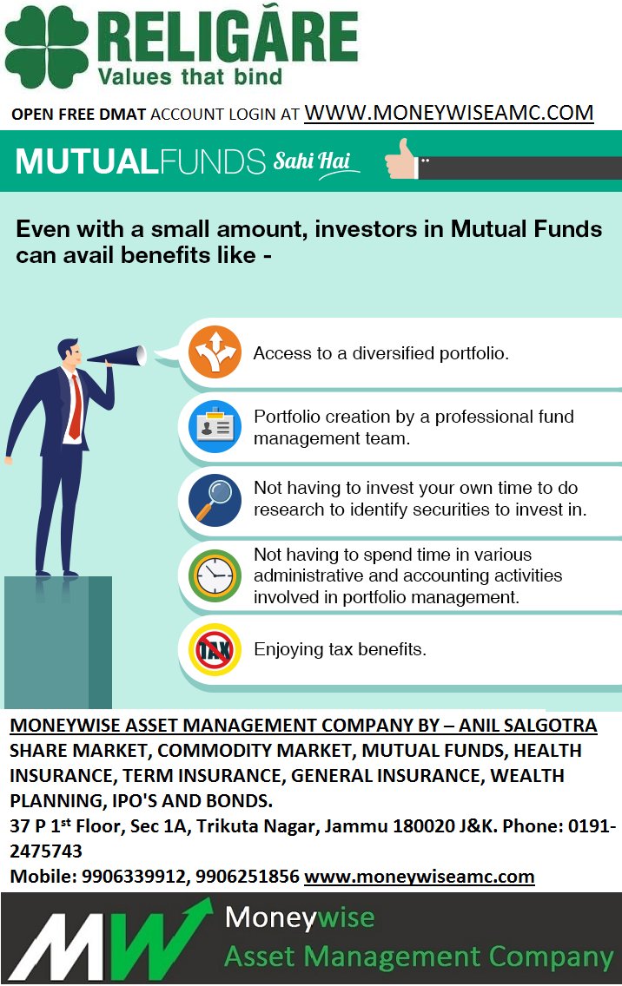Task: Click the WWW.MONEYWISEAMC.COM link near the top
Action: pos(448,113)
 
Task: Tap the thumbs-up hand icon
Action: pos(402,159)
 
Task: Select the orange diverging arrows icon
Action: pos(215,352)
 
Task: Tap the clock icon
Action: pos(215,575)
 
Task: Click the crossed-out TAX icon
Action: pos(215,649)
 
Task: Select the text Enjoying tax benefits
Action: pos(340,649)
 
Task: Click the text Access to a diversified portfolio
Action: pos(380,354)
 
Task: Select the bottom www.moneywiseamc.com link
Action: pos(419,877)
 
